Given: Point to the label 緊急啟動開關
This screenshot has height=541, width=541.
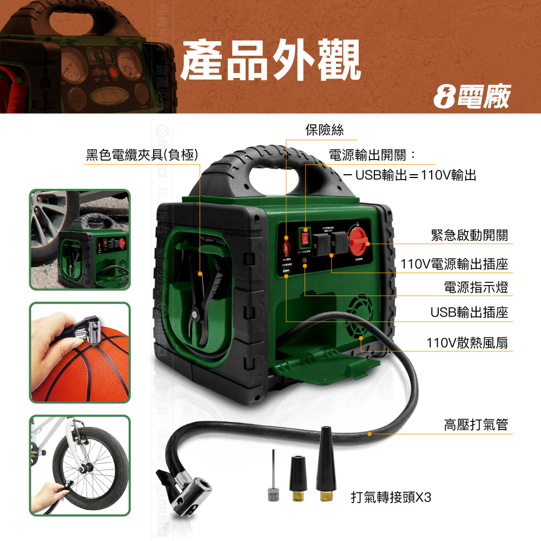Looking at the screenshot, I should [x=469, y=235].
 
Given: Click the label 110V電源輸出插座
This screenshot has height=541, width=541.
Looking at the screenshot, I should [x=454, y=264].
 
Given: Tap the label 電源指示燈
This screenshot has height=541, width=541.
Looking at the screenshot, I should [x=476, y=287].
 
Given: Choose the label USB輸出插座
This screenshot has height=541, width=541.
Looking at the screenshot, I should [x=469, y=312].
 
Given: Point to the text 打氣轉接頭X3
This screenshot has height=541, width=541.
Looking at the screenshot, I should [x=391, y=497].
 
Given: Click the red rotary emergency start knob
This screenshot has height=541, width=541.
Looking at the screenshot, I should [x=359, y=240].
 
